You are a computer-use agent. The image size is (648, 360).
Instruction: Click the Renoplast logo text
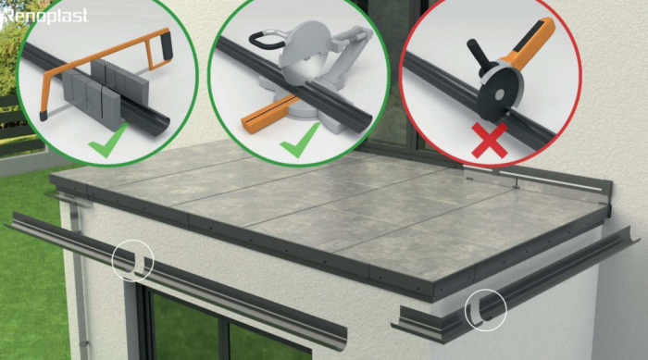[45, 16]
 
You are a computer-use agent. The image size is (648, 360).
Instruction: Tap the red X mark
[490, 141]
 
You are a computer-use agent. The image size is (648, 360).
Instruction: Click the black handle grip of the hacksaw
[167, 45]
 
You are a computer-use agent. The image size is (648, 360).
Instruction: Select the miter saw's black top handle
[264, 39]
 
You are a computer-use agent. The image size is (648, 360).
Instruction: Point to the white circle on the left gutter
[132, 260]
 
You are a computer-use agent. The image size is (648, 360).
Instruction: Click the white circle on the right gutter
[486, 310]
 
